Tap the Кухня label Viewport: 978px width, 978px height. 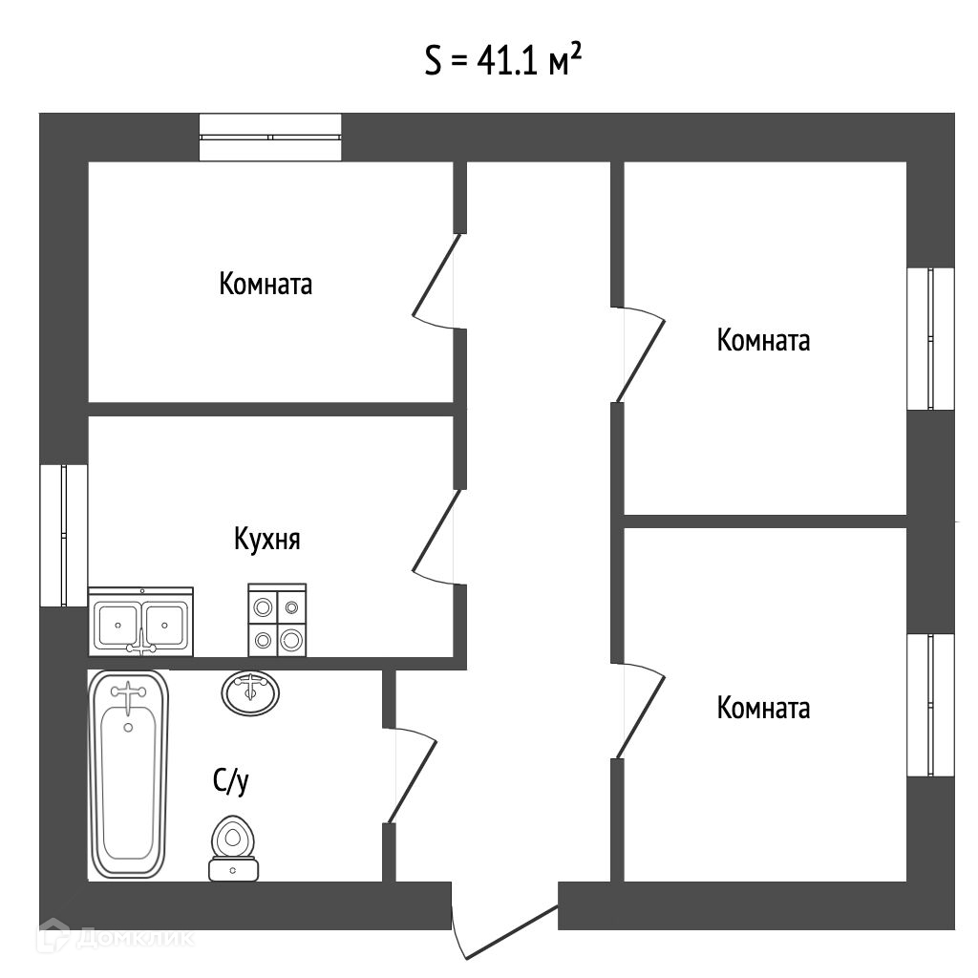coord(267,539)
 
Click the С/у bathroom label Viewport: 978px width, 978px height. coord(231,780)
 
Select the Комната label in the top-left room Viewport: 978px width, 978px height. coord(266,284)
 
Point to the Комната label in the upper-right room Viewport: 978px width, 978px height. coord(763,341)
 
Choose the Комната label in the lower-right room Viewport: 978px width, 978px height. coord(763,708)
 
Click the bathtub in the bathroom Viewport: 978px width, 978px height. coord(129,774)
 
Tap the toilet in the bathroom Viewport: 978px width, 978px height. coord(233,848)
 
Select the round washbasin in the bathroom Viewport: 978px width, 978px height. coord(250,692)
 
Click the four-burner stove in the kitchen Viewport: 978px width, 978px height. coord(277,620)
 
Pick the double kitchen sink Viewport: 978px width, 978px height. coord(141,622)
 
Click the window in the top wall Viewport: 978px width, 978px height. coord(270,138)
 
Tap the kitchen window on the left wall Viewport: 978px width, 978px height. coord(64,535)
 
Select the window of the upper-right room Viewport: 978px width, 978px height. coord(930,339)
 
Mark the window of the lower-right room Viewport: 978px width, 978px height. coord(930,706)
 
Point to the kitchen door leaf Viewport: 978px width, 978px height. coord(436,530)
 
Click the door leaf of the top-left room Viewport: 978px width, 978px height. coord(436,274)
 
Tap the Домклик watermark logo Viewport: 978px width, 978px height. coord(116,937)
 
